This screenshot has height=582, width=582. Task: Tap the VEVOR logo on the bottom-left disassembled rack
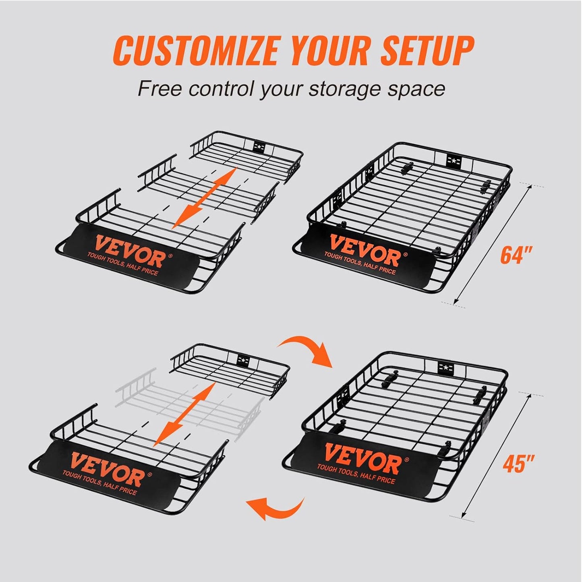pyautogui.click(x=106, y=468)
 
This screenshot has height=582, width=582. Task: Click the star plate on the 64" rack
pyautogui.click(x=454, y=161)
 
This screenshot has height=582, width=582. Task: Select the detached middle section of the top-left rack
pyautogui.click(x=209, y=189)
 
